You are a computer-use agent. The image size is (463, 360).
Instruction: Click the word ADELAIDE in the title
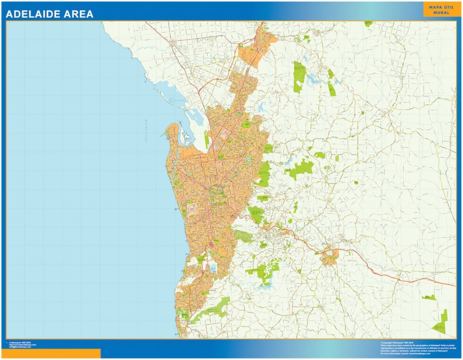tap(34, 14)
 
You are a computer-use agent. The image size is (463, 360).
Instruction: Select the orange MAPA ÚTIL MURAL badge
tap(435, 9)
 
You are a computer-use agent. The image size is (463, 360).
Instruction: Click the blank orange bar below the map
tap(50, 353)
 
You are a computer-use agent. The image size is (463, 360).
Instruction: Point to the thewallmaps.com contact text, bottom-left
tap(23, 345)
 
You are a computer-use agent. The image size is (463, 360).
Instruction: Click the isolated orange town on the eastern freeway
tap(330, 258)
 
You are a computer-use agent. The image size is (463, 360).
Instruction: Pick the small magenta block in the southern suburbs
tap(211, 245)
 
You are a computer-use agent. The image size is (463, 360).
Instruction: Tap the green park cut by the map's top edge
tap(369, 23)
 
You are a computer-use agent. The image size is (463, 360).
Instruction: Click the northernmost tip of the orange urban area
tap(261, 26)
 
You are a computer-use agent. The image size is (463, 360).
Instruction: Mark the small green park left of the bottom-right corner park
tap(429, 297)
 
